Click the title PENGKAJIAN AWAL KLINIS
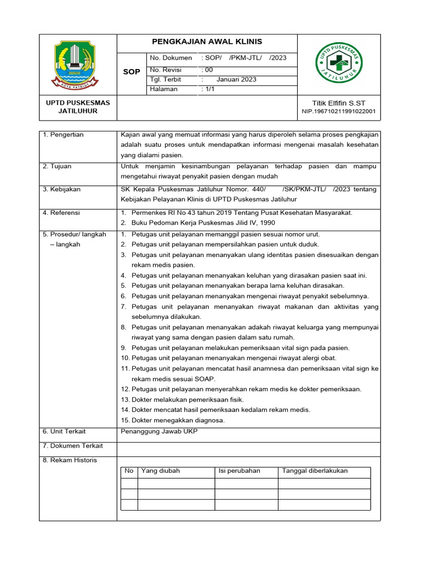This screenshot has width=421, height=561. coord(207,42)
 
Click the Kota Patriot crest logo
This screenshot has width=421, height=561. coord(78,65)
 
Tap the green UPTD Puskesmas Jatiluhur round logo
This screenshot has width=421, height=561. coord(338,65)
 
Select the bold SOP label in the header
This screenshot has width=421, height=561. coord(132,72)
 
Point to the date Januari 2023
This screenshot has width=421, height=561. coord(236,79)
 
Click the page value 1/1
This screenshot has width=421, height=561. coord(209,89)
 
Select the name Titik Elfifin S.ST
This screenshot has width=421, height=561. coord(338,102)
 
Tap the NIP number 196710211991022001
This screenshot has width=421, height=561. coord(338,111)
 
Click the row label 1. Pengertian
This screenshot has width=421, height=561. coord(63,135)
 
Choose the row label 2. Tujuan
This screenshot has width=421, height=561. coord(57,166)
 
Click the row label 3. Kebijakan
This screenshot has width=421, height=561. coord(61,189)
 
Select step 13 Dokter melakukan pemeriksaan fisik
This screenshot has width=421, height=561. coord(183,399)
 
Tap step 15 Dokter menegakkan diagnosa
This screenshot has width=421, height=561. coord(173,420)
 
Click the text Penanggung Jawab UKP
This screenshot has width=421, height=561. coord(158,431)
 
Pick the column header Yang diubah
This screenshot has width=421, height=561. coord(161,471)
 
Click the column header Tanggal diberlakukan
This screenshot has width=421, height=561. coord(315,471)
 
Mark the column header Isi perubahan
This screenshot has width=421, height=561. coord(239,471)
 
